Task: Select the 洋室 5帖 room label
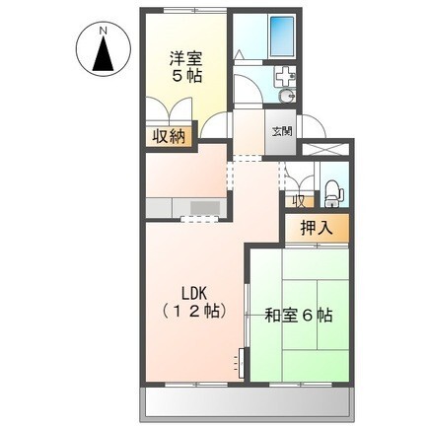coord(185,66)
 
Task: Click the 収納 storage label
coord(170,137)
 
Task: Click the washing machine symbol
coord(284,73)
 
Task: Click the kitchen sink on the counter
coord(204,207)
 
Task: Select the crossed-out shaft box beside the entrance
coord(324,150)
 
